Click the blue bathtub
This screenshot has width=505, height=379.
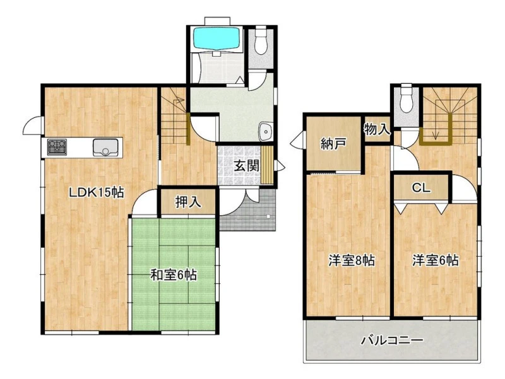216,38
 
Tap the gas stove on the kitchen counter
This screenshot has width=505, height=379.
57,147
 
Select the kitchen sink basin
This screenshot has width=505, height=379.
105,147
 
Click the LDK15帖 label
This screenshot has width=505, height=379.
97,192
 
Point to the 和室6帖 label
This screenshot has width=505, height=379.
174,275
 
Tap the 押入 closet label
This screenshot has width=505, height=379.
188,202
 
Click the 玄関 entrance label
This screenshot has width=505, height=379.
246,166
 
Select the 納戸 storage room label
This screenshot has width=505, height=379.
333,144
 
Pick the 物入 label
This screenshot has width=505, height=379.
377,130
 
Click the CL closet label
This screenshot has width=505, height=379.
421,188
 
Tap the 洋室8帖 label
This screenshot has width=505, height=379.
352,260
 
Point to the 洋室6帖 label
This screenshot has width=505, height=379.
436,260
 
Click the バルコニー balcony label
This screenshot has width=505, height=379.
391,340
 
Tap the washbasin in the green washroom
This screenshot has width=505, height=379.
266,131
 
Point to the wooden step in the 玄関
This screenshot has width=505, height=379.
267,165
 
